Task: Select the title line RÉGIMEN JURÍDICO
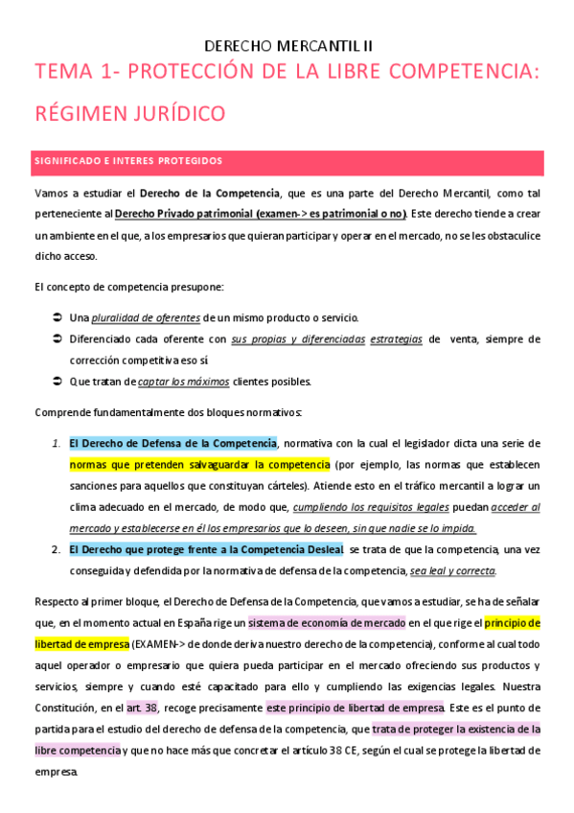click(x=129, y=113)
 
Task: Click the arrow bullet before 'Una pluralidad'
click(x=57, y=317)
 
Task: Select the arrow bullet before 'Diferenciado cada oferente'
click(x=57, y=338)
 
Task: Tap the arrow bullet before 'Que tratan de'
click(x=57, y=381)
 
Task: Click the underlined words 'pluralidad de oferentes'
click(x=146, y=317)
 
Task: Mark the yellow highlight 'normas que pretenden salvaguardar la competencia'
click(x=199, y=464)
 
